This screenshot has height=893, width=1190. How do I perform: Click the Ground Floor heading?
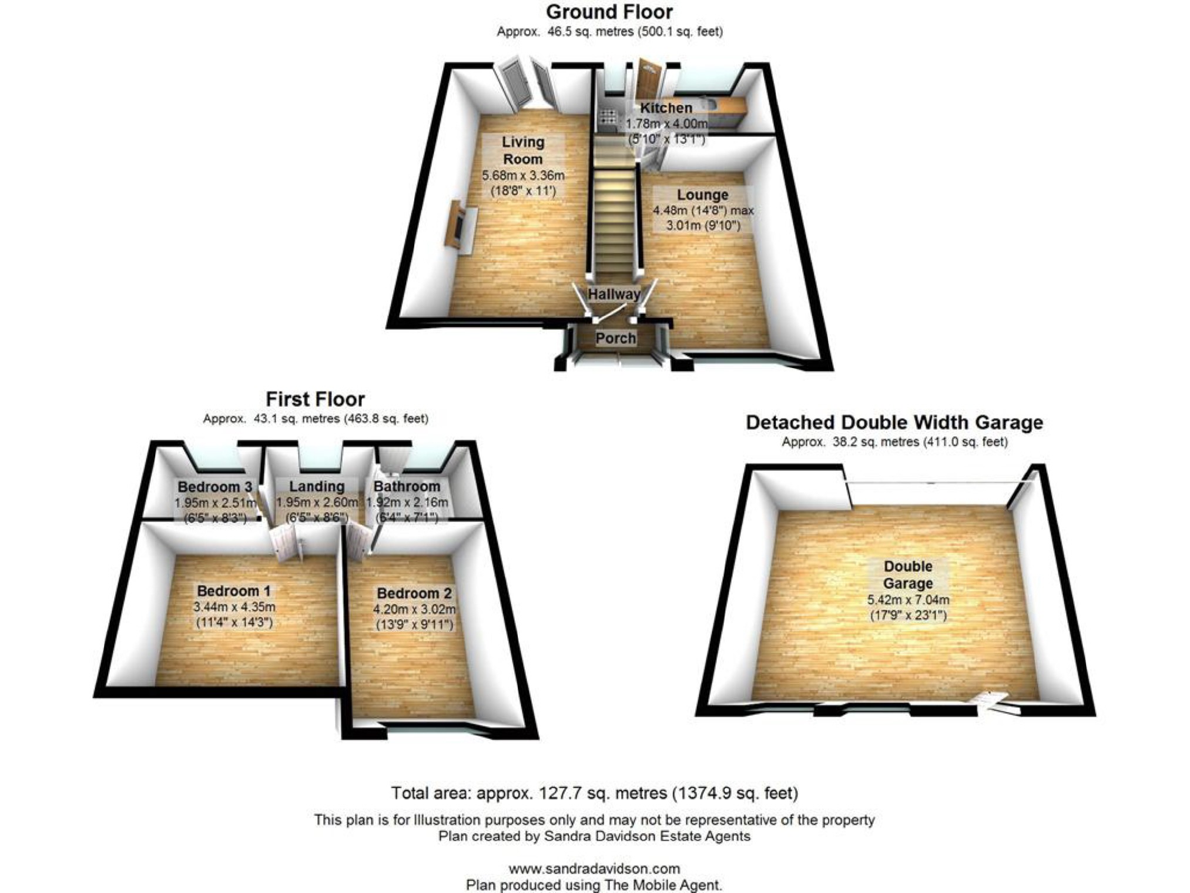pos(609,12)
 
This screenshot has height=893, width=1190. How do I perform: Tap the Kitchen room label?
pos(666,108)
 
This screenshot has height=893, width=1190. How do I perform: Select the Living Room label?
pos(522,150)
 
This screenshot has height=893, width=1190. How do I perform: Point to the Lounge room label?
pos(702,195)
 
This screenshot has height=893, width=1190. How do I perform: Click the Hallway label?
pos(614,294)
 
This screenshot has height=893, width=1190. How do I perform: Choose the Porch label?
pos(615,338)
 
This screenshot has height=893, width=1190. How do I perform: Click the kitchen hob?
pos(607,116)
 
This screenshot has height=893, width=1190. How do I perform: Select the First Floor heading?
pos(315,399)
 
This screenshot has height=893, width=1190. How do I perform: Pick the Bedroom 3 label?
pos(214,487)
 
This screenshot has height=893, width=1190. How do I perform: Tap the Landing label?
pos(317,486)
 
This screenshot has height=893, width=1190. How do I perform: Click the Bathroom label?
pos(407,486)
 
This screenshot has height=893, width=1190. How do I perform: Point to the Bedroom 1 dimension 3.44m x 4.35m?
pos(234,607)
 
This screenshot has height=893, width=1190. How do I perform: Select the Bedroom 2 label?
pos(414,593)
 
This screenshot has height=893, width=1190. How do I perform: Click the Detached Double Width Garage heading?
pos(894,422)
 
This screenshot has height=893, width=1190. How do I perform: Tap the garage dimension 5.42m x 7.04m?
pos(908,600)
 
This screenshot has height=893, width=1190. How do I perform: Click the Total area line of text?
pos(594,793)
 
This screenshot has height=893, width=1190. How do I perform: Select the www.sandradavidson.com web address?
pos(594,868)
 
